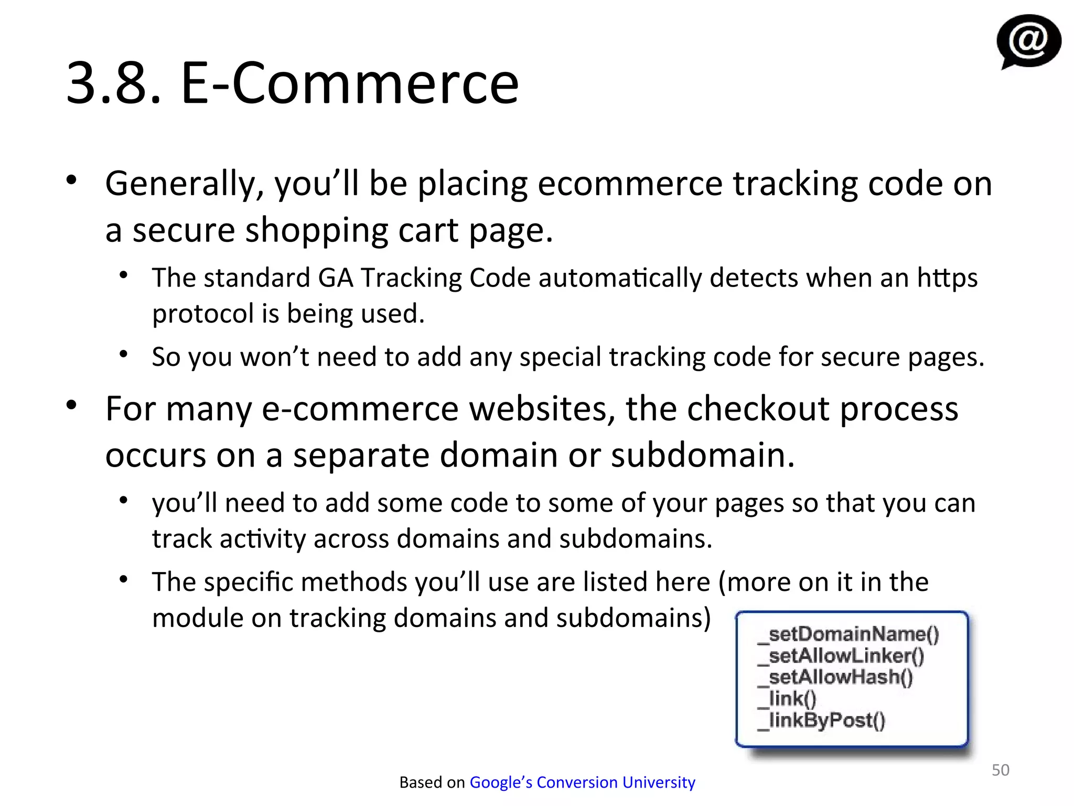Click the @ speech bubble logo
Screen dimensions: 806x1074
[x=1028, y=41]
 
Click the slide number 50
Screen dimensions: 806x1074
[x=1000, y=770]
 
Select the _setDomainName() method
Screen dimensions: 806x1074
[x=849, y=634]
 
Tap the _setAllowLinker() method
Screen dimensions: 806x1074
[x=841, y=656]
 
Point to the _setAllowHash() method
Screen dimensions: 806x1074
[x=835, y=677]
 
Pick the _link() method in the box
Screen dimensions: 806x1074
[x=787, y=699]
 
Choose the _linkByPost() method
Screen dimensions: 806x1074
[x=822, y=720]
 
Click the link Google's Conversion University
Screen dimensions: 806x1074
[x=582, y=782]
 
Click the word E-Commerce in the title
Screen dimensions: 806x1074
[x=349, y=83]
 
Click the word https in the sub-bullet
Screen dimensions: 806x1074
[x=947, y=278]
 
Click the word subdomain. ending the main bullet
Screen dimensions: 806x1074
[x=703, y=455]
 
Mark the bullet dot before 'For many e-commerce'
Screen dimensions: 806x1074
[x=72, y=405]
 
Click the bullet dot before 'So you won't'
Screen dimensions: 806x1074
[x=124, y=354]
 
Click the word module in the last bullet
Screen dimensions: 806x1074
[x=197, y=618]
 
